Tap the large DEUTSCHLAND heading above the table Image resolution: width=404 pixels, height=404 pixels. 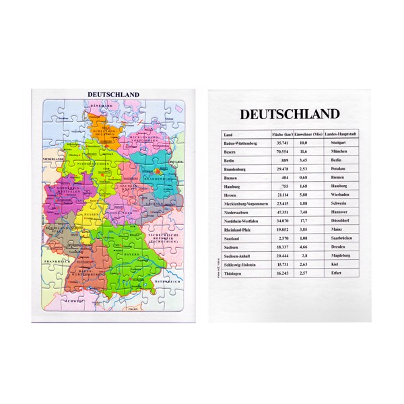[290, 114]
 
